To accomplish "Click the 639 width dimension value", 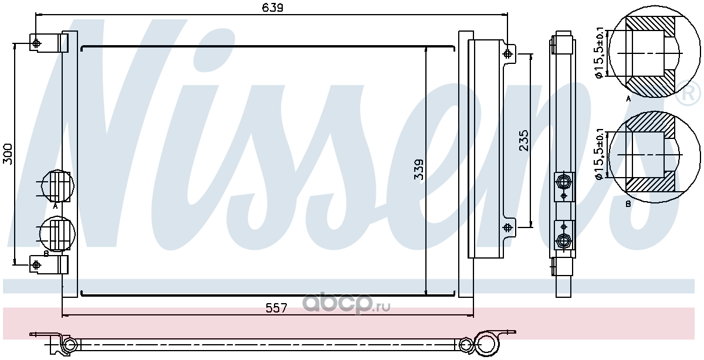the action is (272, 8).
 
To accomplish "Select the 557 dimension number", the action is (276, 308).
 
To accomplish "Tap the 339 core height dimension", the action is (419, 169).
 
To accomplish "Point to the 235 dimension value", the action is (523, 141).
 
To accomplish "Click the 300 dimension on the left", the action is (8, 154).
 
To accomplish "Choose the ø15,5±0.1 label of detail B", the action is (600, 154).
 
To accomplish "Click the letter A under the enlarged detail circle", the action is (628, 99).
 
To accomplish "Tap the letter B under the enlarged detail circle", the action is (628, 204).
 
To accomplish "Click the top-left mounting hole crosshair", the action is (36, 43).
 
